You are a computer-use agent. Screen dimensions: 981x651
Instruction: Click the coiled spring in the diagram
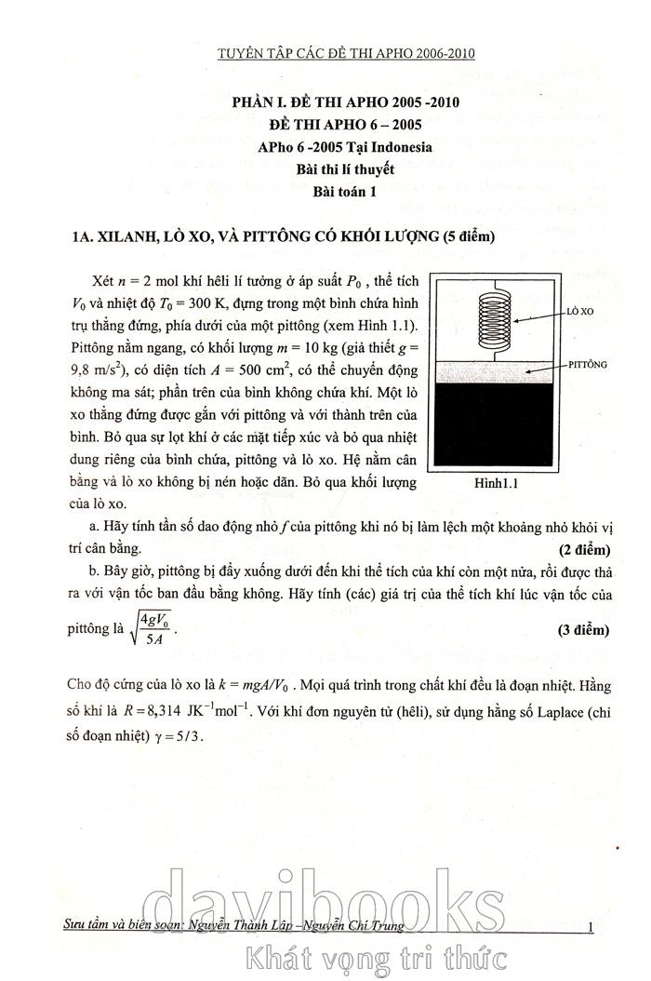[x=495, y=318]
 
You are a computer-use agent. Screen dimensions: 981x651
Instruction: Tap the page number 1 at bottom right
[x=592, y=925]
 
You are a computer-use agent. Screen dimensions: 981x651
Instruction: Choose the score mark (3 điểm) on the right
[x=583, y=630]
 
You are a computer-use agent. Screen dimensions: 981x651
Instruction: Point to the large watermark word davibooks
[x=325, y=898]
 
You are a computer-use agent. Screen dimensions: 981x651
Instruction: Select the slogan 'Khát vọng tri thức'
[x=372, y=956]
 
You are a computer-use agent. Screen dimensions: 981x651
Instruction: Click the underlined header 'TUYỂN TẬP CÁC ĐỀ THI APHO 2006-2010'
[x=345, y=53]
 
